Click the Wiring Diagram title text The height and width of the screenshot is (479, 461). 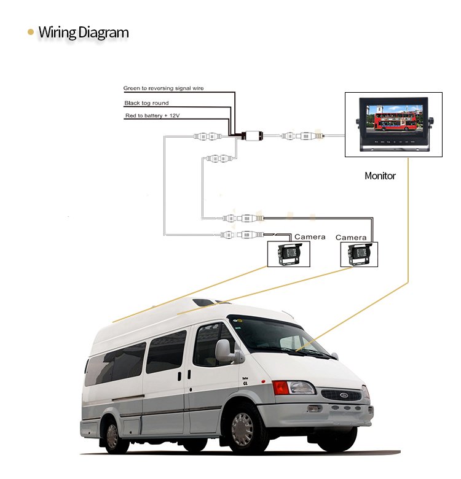pos(84,32)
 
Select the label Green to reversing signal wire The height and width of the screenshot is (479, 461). pos(163,88)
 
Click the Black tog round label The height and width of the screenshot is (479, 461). pos(146,103)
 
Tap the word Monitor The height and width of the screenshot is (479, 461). pos(380,176)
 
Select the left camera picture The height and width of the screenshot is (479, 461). pos(289,254)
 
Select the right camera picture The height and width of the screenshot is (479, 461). pos(359,253)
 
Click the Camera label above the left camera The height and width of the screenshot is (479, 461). pos(310,237)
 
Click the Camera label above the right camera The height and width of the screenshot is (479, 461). pos(351,238)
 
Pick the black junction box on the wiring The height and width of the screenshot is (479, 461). pos(252,135)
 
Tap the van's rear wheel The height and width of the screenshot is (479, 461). pos(112,435)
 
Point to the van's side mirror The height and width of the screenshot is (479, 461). pos(223,351)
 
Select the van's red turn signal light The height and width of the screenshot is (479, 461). pos(280,387)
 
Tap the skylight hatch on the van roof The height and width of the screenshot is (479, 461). pos(203,303)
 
